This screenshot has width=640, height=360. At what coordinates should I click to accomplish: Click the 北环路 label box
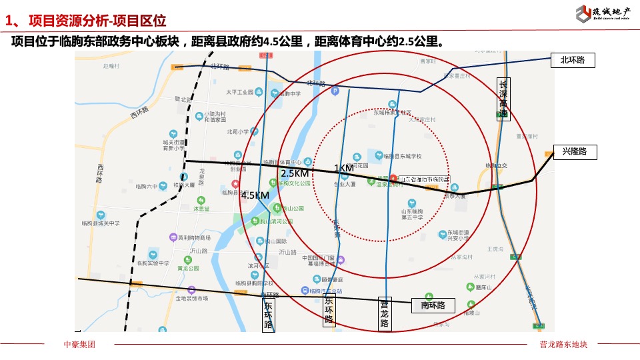click(572, 61)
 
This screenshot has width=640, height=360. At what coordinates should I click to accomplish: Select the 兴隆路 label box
click(574, 152)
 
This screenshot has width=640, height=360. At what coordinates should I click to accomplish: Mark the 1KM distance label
click(344, 168)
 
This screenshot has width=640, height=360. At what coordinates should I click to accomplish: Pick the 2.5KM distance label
click(294, 173)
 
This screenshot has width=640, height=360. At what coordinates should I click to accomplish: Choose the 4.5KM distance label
click(255, 195)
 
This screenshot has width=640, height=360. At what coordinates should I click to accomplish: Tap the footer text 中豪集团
click(79, 344)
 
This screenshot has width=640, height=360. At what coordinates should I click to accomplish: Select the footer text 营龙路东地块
click(563, 344)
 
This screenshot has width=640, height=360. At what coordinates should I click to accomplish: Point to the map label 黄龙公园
click(189, 268)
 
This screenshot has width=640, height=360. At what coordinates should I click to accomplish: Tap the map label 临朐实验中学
click(153, 263)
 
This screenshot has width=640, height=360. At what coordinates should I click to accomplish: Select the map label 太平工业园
click(239, 92)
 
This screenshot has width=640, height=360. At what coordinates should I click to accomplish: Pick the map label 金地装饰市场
click(191, 299)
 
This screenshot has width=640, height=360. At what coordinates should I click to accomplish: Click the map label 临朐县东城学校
click(403, 156)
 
